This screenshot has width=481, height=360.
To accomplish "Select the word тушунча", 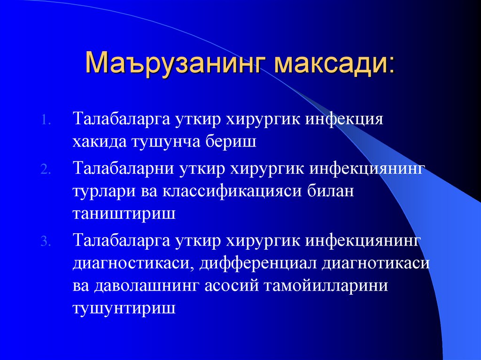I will tap(163, 141).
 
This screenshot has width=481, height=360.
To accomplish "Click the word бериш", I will tap(230, 141).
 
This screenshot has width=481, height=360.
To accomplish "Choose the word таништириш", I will tap(124, 214).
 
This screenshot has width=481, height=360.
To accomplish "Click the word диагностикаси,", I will tap(133, 263).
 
